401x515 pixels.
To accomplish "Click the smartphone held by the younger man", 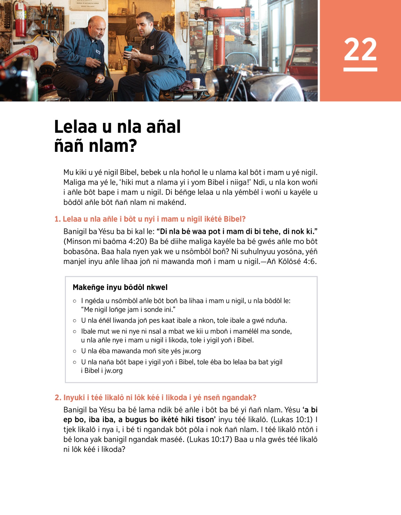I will [128, 49].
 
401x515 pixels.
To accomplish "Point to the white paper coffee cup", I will [196, 83].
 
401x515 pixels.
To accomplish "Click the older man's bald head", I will [97, 22].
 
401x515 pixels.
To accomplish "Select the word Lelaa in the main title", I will [76, 127].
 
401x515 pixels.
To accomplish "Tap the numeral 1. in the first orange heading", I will [57, 219].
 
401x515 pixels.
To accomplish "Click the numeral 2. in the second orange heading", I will [58, 398].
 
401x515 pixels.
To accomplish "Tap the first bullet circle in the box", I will [75, 301].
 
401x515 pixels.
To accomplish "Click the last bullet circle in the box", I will [75, 362].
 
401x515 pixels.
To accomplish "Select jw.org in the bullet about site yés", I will [191, 351].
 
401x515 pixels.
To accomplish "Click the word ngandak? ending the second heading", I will [239, 398].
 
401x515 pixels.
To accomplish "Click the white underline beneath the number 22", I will [360, 69].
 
